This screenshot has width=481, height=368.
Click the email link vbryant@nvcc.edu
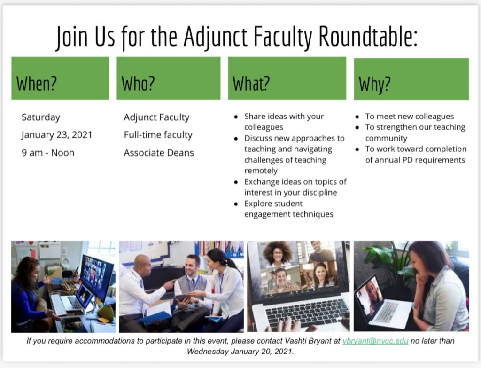(x=375, y=341)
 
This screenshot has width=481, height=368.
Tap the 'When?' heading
(x=37, y=84)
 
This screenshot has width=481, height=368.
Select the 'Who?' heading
(x=138, y=84)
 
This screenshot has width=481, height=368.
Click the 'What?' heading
(x=251, y=84)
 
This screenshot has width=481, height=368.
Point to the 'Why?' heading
(x=375, y=85)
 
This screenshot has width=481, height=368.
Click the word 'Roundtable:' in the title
(x=368, y=36)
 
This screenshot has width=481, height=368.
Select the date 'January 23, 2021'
(x=57, y=135)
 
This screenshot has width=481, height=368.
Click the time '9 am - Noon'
(x=48, y=153)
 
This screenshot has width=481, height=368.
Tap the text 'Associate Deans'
(x=159, y=153)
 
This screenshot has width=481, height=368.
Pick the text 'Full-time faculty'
(x=158, y=135)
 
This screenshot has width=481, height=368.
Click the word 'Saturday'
(x=41, y=117)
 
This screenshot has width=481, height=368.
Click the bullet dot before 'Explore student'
(x=236, y=204)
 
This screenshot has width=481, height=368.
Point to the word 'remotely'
(x=261, y=171)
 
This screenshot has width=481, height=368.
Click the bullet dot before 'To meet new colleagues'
(x=357, y=117)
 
